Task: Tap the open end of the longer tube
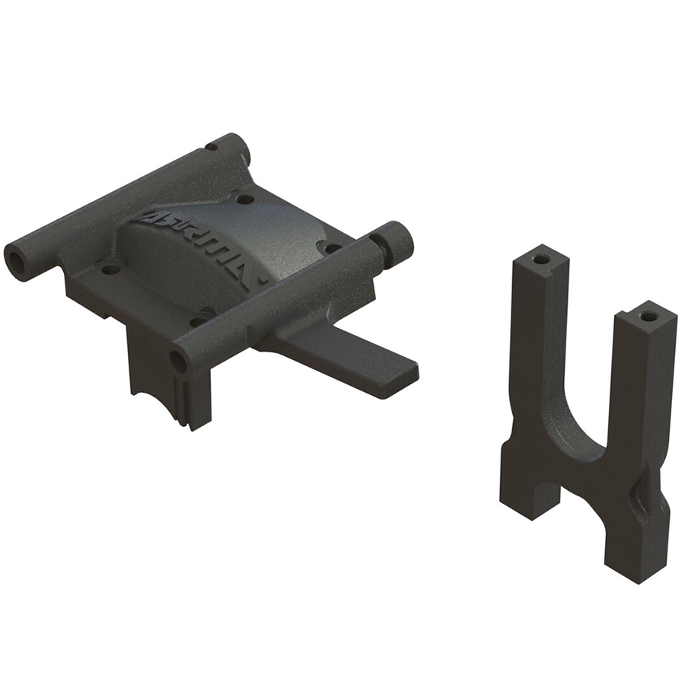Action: (x=15, y=260)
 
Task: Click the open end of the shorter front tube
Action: (x=180, y=361)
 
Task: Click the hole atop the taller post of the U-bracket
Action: (x=540, y=260)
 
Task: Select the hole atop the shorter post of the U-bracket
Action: (x=648, y=314)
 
